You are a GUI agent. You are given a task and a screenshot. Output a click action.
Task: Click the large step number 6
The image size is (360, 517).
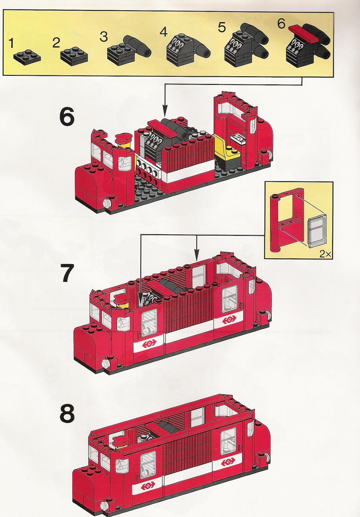pos(67,117)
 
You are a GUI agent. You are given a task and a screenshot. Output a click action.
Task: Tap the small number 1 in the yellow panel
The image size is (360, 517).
pos(11,43)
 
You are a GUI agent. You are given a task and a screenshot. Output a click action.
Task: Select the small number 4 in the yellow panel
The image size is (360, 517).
pos(164,32)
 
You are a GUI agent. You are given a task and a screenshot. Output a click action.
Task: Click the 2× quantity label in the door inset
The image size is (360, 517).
pos(325,254)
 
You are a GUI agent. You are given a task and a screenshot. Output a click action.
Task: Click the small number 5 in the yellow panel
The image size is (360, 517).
pos(222,28)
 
